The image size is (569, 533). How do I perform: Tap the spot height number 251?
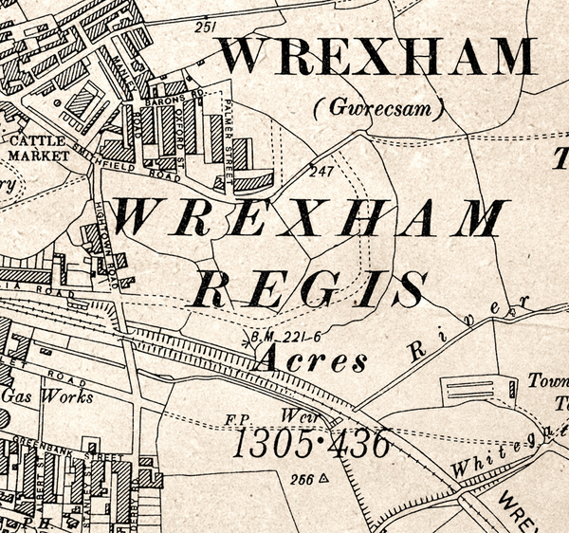(204, 28)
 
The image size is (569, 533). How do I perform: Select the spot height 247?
(321, 172)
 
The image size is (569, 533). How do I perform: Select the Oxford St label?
(193, 121)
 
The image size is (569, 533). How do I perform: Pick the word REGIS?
(309, 287)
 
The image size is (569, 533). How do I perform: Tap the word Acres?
(312, 361)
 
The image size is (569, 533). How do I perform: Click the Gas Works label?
(47, 396)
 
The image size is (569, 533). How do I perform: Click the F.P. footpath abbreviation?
(237, 416)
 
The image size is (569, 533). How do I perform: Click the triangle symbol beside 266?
(323, 478)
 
